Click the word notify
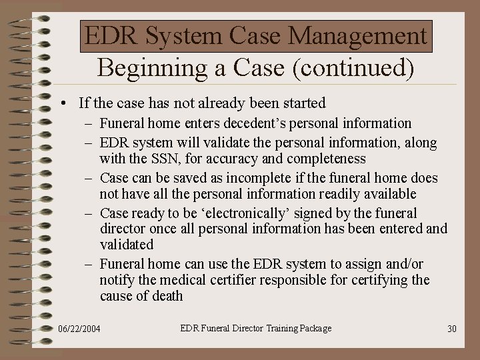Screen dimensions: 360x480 tap(117, 280)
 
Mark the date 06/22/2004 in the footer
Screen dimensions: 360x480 tap(80, 329)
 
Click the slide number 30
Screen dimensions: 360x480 tap(451, 329)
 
